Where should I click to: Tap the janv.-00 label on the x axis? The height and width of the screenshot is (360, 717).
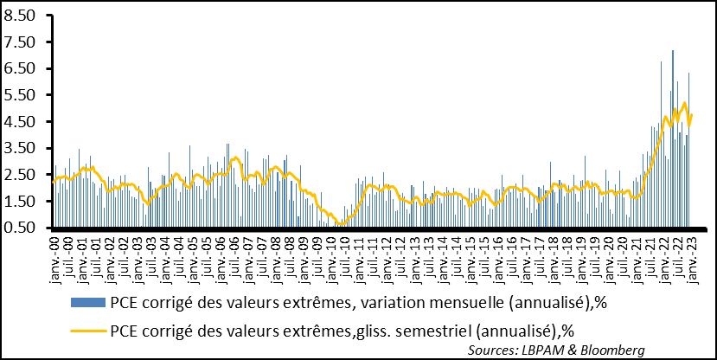pos(54,252)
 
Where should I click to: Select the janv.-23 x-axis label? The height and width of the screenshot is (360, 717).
pos(690,252)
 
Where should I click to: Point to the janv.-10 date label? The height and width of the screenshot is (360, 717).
pos(330,252)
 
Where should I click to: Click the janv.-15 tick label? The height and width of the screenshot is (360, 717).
pos(469,252)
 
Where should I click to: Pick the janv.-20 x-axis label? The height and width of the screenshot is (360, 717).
pos(607,252)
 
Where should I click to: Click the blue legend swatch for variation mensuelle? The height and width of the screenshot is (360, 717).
pos(86,303)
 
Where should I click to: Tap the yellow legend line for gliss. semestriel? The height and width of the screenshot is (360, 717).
pos(86,330)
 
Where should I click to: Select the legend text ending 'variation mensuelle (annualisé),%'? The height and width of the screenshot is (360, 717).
pos(347,303)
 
